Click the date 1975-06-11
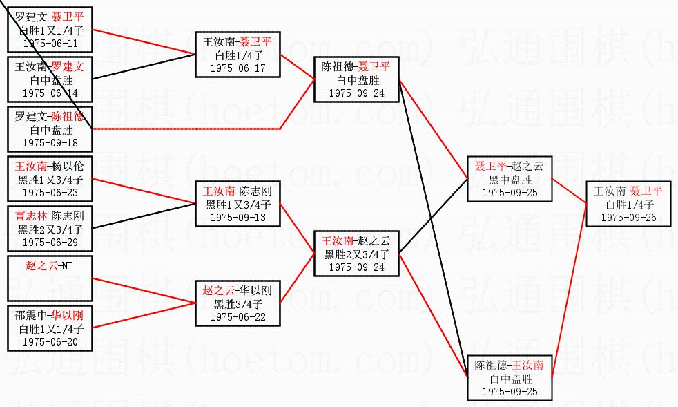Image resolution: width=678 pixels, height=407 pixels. pos(50,44)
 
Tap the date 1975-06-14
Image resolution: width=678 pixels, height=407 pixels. pos(50,93)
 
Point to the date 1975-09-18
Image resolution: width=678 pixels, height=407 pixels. pos(50,143)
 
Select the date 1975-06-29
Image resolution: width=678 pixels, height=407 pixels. pos(50,243)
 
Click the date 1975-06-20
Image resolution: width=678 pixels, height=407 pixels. pos(50,342)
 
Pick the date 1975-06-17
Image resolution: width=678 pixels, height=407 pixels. pos(238,68)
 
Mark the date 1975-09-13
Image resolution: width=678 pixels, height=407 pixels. pos(238,218)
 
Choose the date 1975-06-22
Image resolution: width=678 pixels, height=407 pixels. pos(238,317)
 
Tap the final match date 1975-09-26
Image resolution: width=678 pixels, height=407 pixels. pos(629,218)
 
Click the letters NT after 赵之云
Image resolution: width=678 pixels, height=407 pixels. pos(66,266)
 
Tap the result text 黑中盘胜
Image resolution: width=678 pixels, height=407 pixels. pos(510,180)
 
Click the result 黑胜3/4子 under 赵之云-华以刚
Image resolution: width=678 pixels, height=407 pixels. pos(238,304)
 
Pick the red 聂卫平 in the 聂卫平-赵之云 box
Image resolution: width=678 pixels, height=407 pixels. pos(491,166)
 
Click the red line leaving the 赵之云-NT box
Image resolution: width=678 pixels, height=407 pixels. pos(144,291)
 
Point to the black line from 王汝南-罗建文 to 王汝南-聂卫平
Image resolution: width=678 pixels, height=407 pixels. pos(144,66)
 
